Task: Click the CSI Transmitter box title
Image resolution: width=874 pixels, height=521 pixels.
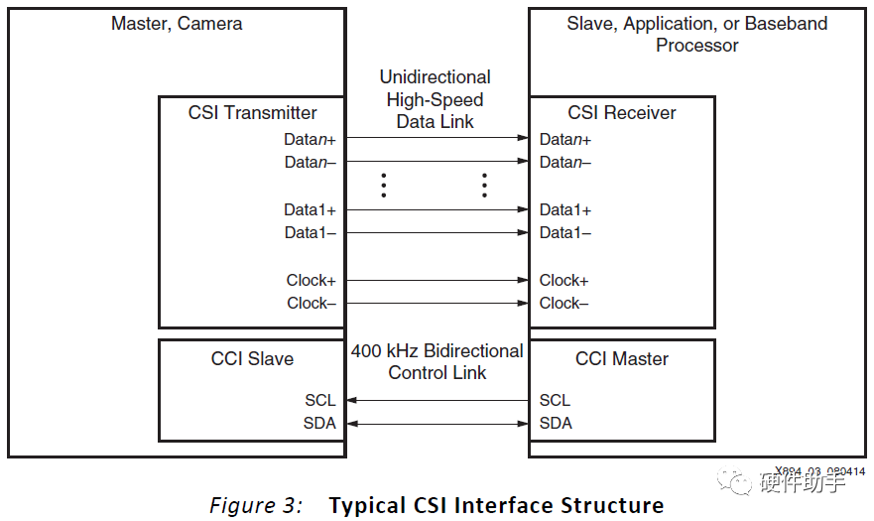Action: (x=252, y=113)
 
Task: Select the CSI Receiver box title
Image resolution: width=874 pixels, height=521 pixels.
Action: (x=621, y=113)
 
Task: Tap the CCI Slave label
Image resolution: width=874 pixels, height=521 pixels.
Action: (x=252, y=358)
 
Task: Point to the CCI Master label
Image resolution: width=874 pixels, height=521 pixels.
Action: (x=621, y=358)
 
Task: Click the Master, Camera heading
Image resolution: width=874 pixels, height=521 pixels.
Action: (x=177, y=23)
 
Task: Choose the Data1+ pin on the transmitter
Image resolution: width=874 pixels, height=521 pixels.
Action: (x=310, y=209)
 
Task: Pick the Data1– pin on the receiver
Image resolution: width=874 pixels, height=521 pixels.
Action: (x=564, y=232)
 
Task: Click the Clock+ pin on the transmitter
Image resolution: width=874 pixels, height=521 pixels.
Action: (x=311, y=280)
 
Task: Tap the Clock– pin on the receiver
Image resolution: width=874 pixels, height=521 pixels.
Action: (x=563, y=303)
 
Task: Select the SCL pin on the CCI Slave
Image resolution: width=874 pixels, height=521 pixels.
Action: (x=319, y=400)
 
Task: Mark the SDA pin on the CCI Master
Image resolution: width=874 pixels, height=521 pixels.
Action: (x=555, y=423)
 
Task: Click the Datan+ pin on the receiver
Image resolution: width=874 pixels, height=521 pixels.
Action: (x=564, y=139)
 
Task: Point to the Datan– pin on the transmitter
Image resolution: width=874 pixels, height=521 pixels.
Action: (x=310, y=162)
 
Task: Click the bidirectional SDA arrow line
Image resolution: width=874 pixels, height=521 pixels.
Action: (x=437, y=423)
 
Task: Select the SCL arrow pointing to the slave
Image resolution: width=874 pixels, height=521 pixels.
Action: (x=437, y=400)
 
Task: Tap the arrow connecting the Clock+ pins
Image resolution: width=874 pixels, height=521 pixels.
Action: (x=437, y=280)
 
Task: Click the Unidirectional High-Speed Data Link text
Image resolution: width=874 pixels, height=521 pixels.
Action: (x=435, y=99)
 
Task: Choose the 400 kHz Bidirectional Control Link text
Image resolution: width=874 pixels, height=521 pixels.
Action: (x=437, y=362)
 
